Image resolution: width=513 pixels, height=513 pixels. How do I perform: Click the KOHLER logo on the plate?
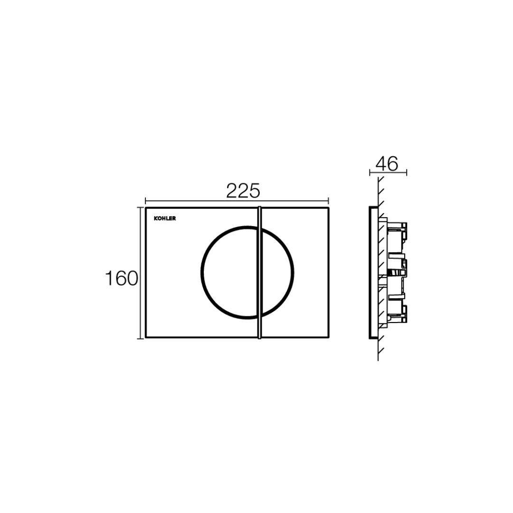pos(164,219)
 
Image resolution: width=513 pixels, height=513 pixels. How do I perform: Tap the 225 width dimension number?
pos(243,191)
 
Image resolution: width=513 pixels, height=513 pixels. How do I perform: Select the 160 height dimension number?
pos(121,278)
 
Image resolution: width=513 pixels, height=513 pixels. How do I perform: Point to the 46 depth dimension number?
pos(387,164)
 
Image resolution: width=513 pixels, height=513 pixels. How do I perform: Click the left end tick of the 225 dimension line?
pos(145,201)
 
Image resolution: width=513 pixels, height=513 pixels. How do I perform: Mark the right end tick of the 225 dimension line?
pos(329,201)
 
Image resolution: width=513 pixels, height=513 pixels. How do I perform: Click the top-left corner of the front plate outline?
pos(146,208)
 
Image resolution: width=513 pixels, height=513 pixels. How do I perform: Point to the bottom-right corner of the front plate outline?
pos(328,338)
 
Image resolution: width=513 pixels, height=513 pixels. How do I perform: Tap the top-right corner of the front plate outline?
pos(328,208)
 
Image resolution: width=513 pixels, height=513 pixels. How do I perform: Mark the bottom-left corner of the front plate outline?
pos(146,338)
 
